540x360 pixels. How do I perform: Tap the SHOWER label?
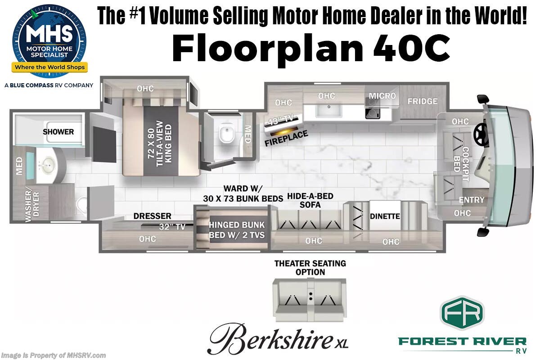58,132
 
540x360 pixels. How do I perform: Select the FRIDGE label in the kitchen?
422,101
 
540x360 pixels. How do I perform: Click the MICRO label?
382,96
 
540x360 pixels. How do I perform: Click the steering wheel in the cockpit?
481,134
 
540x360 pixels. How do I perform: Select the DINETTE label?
385,216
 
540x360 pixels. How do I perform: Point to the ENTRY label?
472,200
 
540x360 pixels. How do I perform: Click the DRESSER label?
152,216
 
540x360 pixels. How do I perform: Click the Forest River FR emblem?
462,312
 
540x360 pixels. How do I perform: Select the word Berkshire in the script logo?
267,337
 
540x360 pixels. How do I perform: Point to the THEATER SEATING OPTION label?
310,267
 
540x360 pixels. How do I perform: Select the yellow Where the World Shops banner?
50,67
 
